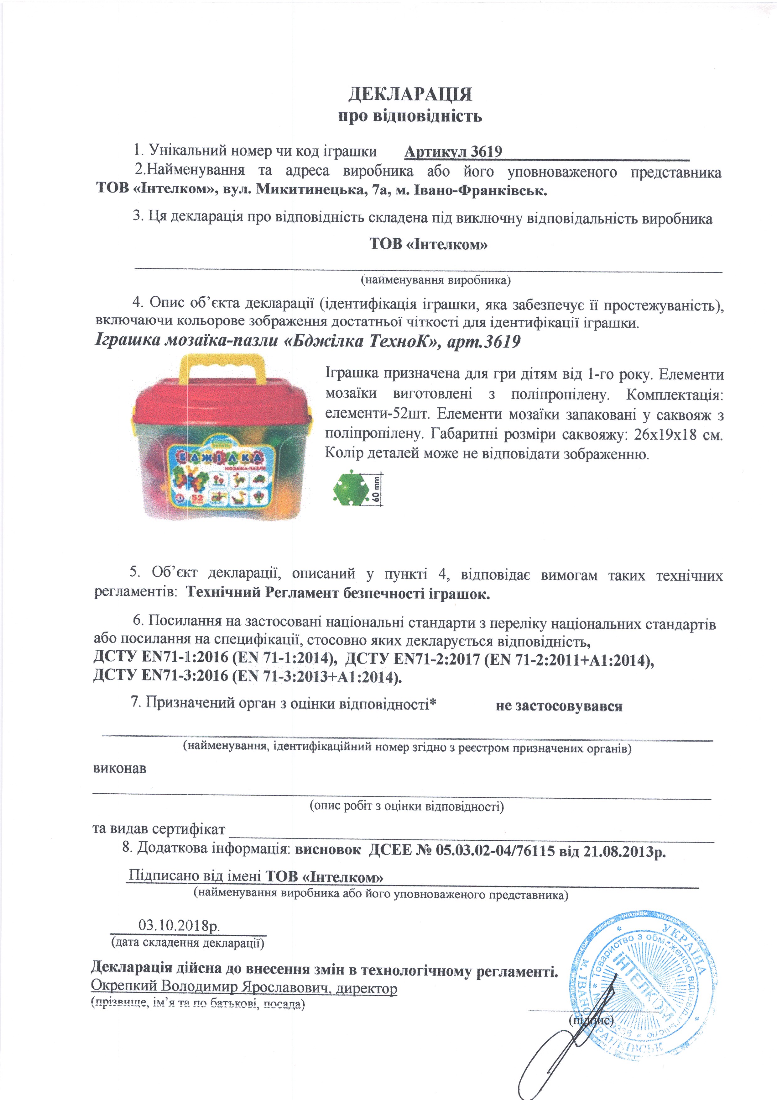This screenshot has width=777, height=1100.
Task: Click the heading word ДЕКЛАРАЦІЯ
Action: coord(410,94)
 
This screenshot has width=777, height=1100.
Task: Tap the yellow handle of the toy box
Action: coord(221,371)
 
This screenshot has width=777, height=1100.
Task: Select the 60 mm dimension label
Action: coord(377,489)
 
